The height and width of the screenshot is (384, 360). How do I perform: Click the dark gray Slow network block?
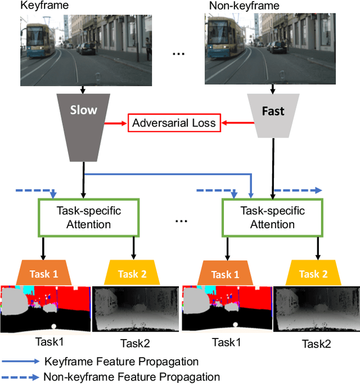click(x=83, y=124)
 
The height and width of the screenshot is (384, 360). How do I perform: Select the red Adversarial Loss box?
click(x=174, y=123)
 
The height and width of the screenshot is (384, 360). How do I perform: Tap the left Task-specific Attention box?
click(x=89, y=218)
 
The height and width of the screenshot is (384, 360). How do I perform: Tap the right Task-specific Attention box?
click(x=272, y=218)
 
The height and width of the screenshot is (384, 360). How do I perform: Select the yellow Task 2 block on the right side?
click(x=313, y=274)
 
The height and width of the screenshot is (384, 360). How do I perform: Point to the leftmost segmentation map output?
click(x=45, y=309)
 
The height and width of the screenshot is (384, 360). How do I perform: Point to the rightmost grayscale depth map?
click(x=314, y=309)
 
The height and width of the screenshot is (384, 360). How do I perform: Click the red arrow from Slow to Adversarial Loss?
click(x=116, y=123)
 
